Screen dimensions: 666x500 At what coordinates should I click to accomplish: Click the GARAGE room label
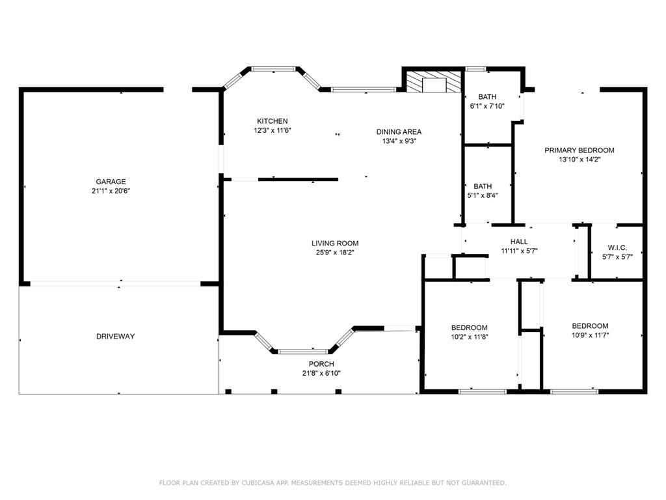point(111,182)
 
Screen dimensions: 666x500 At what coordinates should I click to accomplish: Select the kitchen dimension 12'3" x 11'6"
point(273,130)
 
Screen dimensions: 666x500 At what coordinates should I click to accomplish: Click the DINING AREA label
point(399,132)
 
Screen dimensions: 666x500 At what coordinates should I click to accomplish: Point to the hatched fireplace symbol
point(434,81)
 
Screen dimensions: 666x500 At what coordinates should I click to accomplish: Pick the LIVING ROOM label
point(335,243)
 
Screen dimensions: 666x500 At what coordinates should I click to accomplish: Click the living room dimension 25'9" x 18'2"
point(335,253)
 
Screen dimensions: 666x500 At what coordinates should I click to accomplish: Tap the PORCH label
point(321,364)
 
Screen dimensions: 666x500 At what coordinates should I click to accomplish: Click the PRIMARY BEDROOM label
point(579,150)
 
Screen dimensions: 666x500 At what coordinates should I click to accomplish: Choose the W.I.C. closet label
point(617,247)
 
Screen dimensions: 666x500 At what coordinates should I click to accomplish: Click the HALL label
point(519,242)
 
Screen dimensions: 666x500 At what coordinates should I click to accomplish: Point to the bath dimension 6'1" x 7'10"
point(487,106)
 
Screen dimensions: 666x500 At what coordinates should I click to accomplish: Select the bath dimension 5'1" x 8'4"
point(483,195)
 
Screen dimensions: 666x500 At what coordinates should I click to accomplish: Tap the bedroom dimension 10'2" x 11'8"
point(470,337)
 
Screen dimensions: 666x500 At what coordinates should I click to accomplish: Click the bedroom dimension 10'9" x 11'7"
point(590,335)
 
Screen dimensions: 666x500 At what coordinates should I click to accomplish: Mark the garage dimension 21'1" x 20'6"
point(111,191)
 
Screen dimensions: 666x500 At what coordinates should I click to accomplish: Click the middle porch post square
point(274,391)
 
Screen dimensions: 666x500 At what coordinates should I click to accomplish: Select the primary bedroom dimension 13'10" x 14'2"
point(579,160)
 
